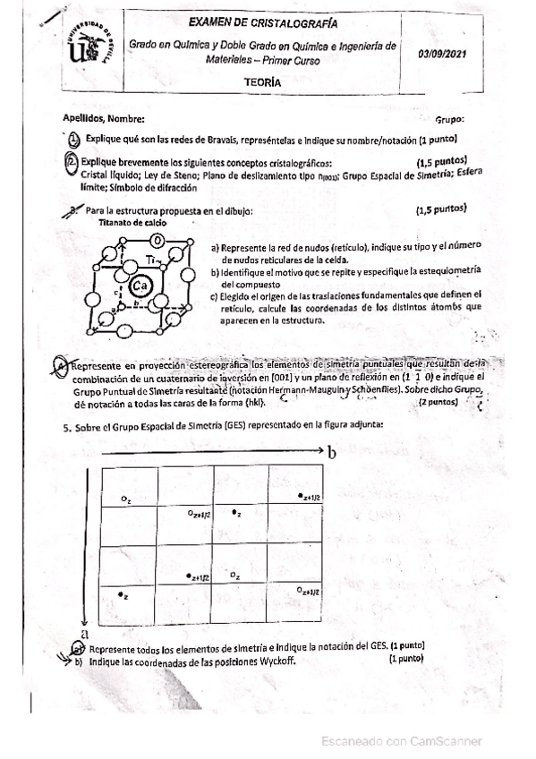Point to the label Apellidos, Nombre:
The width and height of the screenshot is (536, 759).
(104, 118)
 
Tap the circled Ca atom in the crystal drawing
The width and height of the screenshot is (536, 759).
(139, 286)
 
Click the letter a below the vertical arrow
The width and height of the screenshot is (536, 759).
(81, 631)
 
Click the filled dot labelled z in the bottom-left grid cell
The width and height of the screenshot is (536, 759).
(121, 593)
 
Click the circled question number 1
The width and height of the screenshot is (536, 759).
(74, 139)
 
